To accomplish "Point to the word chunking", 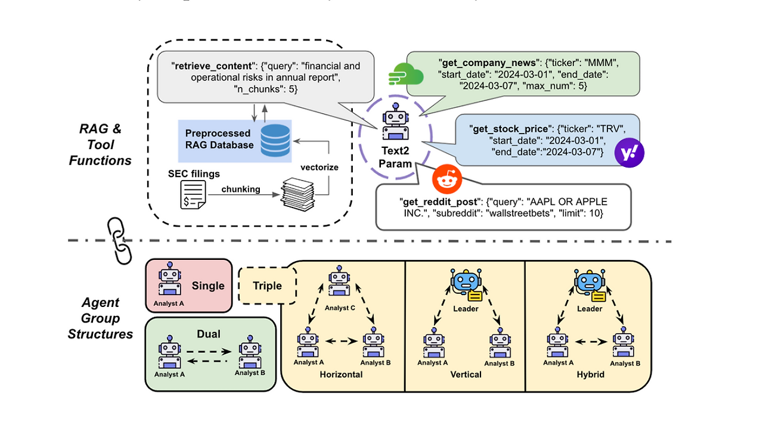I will click(241, 189).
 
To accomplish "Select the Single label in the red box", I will click(208, 286).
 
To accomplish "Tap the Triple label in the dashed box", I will click(268, 286).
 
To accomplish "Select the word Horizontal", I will click(341, 374).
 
